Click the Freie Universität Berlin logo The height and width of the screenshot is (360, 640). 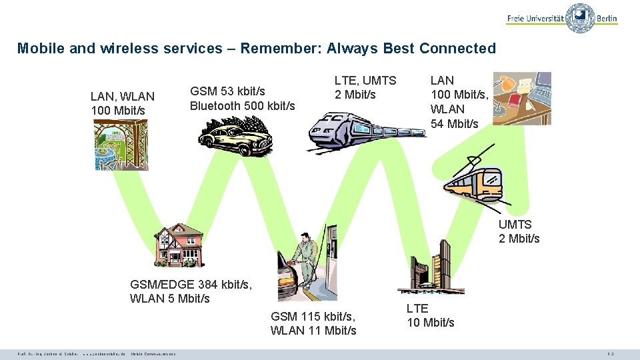coord(562,17)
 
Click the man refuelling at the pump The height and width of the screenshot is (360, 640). coord(303,267)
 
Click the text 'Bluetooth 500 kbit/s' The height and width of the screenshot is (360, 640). coord(242,105)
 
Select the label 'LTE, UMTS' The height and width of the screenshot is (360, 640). coord(365,80)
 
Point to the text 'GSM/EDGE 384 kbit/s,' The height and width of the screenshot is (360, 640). coord(191,285)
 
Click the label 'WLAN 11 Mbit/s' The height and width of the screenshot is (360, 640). coord(313,330)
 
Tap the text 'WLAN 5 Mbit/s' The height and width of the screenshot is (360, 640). coord(170,298)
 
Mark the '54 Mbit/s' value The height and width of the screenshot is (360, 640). coord(455,123)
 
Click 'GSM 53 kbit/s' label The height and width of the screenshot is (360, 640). coord(227,91)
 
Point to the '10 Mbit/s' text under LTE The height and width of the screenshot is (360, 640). coord(431,323)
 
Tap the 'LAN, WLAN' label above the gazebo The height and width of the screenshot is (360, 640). coord(122,97)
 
